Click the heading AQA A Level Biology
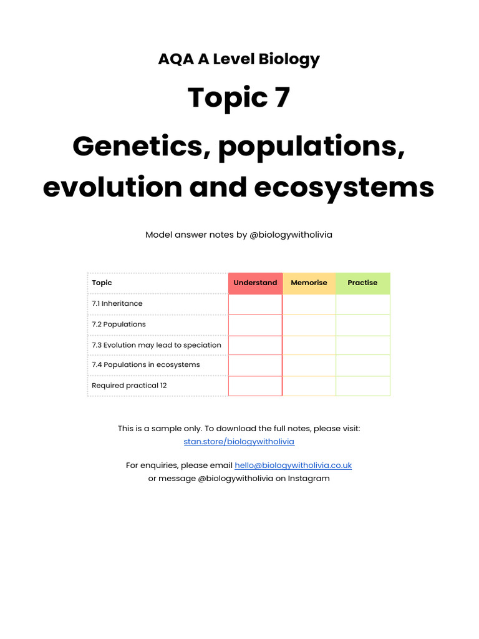(x=239, y=59)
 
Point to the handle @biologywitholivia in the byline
(x=291, y=235)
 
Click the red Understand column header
(x=255, y=283)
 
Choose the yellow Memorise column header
(x=309, y=283)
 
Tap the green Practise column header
(x=362, y=283)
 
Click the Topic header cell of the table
(x=102, y=283)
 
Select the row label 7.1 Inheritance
(x=117, y=303)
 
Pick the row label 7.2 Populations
(x=119, y=324)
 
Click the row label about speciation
(x=157, y=345)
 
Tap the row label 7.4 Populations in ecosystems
(x=146, y=364)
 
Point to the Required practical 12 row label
(x=129, y=386)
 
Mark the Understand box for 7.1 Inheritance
(x=255, y=304)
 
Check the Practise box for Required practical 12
(x=362, y=386)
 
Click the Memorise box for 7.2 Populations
(x=309, y=324)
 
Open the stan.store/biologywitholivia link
(x=239, y=442)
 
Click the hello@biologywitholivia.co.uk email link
(x=293, y=466)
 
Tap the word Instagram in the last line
(x=309, y=479)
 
